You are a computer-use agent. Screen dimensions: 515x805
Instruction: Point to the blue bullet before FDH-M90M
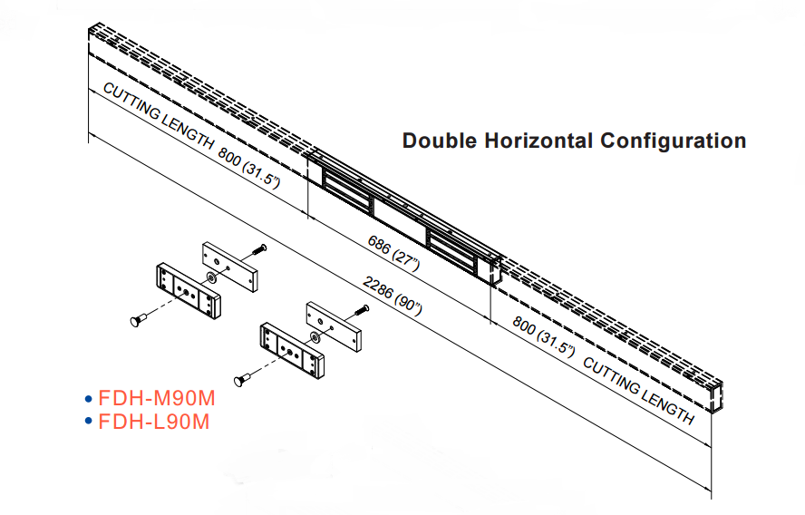88,399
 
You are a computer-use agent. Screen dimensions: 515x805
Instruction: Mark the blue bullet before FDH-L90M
88,422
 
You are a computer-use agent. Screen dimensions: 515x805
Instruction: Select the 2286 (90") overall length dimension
393,296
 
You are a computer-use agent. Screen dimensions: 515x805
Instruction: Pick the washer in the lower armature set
314,337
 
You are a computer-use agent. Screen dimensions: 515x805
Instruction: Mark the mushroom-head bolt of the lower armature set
244,379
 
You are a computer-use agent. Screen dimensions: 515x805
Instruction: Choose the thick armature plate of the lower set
291,349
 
